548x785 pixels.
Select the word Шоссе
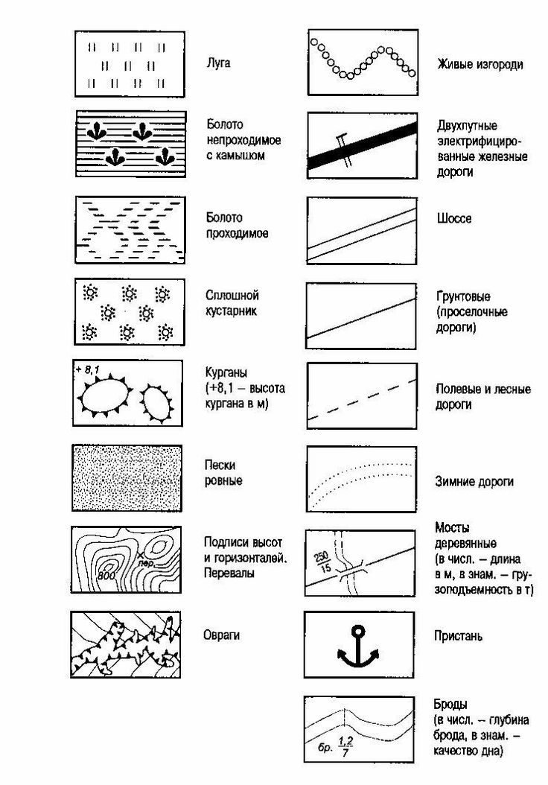coord(453,219)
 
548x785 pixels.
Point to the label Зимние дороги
coord(474,482)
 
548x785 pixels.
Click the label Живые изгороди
coord(479,64)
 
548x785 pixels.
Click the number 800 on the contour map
coord(105,575)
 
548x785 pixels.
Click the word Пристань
coord(459,636)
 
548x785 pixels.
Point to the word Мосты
coord(452,527)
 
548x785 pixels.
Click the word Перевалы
coord(230,574)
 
